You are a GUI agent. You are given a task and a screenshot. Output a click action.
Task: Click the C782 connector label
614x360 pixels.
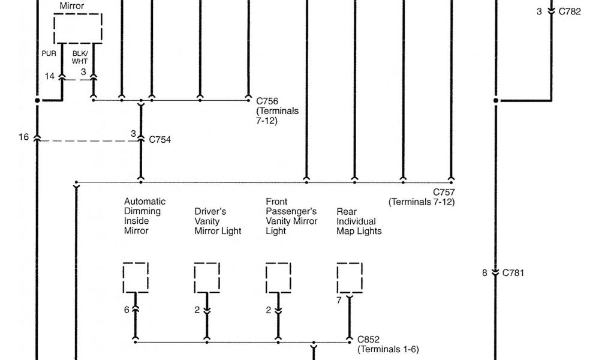pyautogui.click(x=570, y=11)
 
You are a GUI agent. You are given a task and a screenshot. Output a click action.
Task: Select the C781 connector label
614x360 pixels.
pyautogui.click(x=513, y=273)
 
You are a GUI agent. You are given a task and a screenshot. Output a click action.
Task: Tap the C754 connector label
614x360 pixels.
pyautogui.click(x=160, y=140)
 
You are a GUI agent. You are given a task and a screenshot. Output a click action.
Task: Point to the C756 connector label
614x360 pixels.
pyautogui.click(x=267, y=101)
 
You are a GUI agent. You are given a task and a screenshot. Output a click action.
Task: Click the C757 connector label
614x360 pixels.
pyautogui.click(x=444, y=193)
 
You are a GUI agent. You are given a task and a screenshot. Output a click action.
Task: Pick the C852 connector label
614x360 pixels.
pyautogui.click(x=368, y=340)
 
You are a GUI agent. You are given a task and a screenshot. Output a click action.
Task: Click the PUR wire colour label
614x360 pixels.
pyautogui.click(x=49, y=53)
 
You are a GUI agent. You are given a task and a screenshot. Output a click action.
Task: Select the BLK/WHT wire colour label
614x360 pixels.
pyautogui.click(x=80, y=57)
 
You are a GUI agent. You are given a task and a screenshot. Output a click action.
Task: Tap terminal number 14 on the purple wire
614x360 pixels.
pyautogui.click(x=49, y=76)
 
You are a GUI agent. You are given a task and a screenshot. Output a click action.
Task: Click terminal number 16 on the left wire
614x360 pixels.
pyautogui.click(x=23, y=137)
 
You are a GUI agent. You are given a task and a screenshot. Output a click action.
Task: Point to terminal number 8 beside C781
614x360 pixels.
pyautogui.click(x=484, y=273)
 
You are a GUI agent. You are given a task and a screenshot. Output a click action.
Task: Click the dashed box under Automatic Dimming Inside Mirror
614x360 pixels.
pyautogui.click(x=136, y=277)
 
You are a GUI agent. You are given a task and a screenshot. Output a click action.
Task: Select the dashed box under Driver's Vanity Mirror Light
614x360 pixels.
pyautogui.click(x=207, y=277)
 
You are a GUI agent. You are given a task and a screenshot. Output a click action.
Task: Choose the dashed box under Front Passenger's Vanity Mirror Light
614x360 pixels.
pyautogui.click(x=278, y=277)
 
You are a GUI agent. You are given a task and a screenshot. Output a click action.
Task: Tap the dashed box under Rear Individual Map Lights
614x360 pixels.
pyautogui.click(x=350, y=277)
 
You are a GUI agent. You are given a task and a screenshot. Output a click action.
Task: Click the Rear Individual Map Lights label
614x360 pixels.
pyautogui.click(x=359, y=221)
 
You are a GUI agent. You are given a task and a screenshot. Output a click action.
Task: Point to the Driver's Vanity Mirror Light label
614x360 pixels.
pyautogui.click(x=218, y=221)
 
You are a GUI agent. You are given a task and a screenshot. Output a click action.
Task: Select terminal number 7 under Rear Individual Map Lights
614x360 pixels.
pyautogui.click(x=339, y=300)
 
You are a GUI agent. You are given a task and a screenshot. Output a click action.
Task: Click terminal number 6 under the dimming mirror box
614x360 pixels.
pyautogui.click(x=127, y=310)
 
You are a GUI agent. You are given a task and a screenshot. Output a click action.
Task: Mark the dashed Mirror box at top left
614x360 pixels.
pyautogui.click(x=78, y=28)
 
